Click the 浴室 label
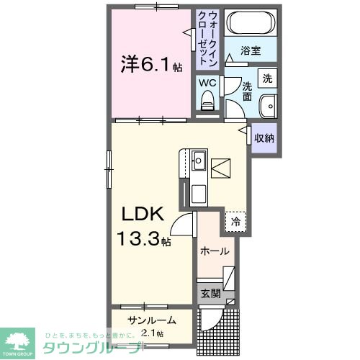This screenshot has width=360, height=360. click(x=250, y=52)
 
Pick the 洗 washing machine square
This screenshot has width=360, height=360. click(x=267, y=77)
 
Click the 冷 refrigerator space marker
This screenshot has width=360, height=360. click(x=235, y=222)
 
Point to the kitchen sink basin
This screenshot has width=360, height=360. click(x=199, y=161)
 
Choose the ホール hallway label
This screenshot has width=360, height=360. click(x=215, y=251)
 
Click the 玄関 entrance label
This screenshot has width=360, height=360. click(x=210, y=293)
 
